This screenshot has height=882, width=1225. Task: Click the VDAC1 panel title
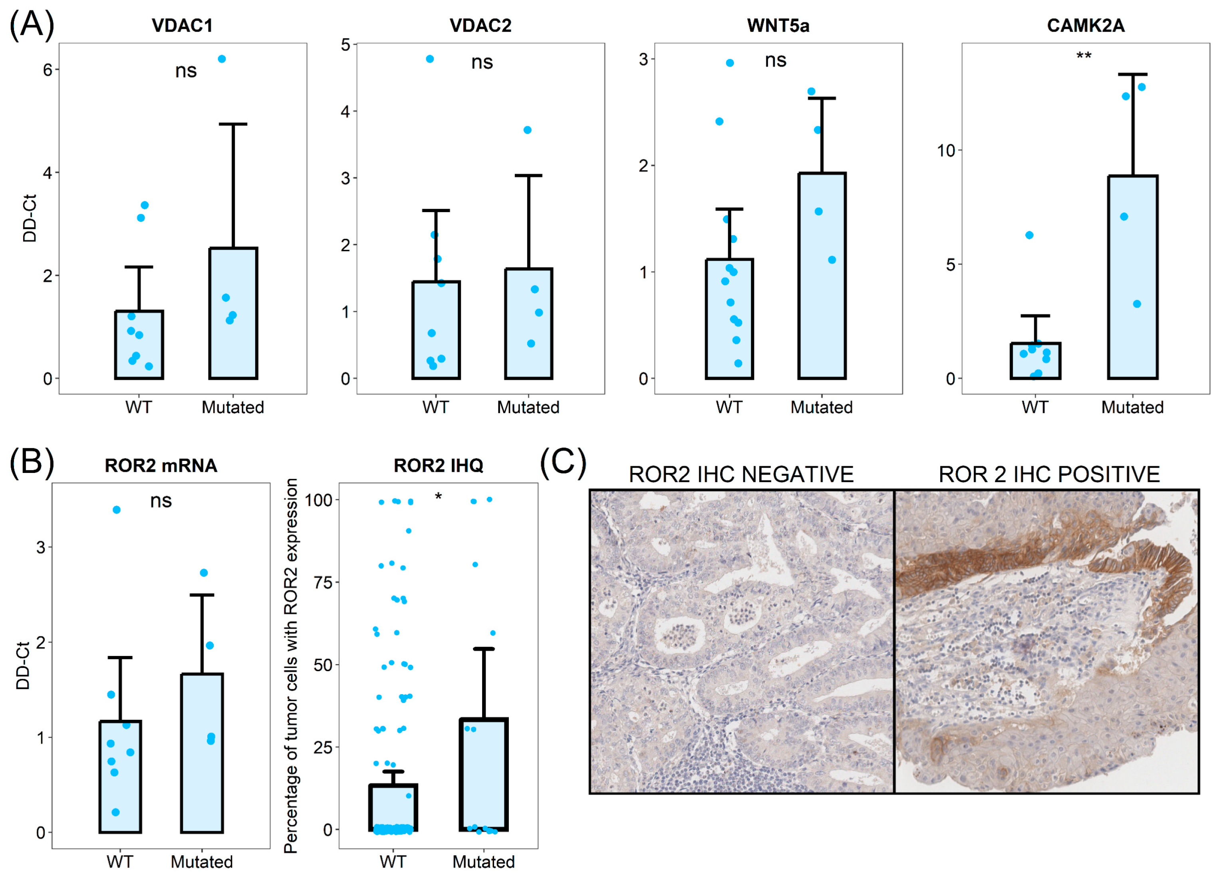click(182, 26)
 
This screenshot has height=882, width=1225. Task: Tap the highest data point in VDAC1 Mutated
click(221, 59)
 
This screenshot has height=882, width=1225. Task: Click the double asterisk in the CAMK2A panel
click(1084, 56)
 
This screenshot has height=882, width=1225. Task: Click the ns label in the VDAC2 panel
click(482, 62)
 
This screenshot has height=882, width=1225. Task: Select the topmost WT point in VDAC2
click(430, 59)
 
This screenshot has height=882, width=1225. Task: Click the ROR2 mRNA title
click(161, 465)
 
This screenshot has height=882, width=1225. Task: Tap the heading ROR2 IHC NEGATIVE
click(741, 474)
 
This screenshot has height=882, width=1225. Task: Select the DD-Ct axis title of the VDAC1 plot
click(30, 218)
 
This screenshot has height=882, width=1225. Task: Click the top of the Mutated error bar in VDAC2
click(528, 175)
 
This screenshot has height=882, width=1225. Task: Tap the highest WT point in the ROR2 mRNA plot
click(116, 509)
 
